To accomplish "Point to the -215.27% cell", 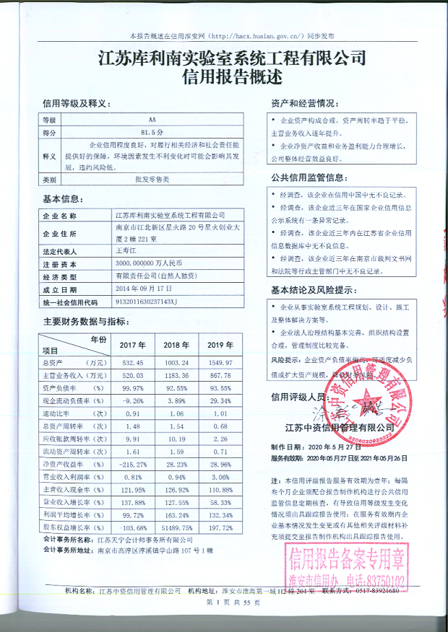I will pos(132,463).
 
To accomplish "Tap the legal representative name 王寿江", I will pos(126,251).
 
